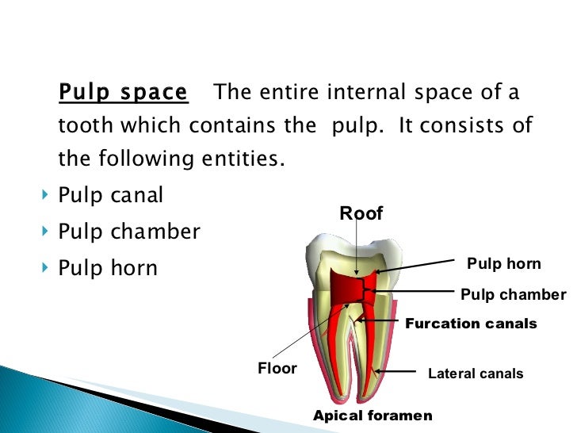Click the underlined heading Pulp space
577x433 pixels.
coord(123,93)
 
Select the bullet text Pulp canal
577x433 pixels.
coord(110,195)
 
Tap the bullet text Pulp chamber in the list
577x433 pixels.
coord(129,232)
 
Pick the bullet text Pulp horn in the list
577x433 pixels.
coord(108,268)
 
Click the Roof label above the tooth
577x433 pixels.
coord(361,213)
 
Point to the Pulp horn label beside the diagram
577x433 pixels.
coord(503,264)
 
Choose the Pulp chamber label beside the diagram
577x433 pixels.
coord(513,295)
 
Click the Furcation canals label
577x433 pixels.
coord(471,324)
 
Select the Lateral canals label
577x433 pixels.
coord(476,374)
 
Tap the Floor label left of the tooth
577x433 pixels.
coord(277,369)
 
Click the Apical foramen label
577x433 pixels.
coord(373,416)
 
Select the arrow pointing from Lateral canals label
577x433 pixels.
coord(396,371)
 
